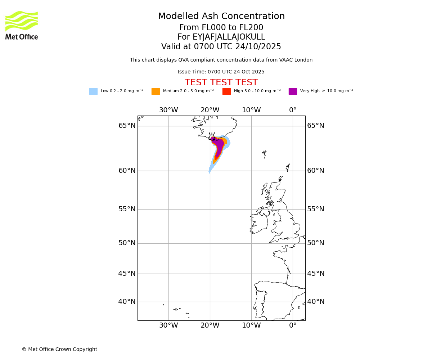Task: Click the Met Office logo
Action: [x=22, y=25]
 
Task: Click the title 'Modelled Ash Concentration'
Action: [x=221, y=17]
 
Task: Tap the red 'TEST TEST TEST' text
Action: [x=221, y=83]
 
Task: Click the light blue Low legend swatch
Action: [x=93, y=91]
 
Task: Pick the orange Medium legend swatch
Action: [x=156, y=91]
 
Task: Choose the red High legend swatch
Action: [x=226, y=91]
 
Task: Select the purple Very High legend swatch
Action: [x=293, y=91]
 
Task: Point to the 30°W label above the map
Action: [x=168, y=110]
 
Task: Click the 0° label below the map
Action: [x=293, y=325]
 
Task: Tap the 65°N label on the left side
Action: [x=127, y=126]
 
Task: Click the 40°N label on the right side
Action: [x=316, y=302]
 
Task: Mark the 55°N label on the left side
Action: [x=127, y=209]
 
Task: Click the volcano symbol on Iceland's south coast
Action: [x=212, y=136]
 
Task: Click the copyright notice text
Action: [x=59, y=350]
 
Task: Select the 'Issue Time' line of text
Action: [x=221, y=72]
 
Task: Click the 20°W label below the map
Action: [x=210, y=325]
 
